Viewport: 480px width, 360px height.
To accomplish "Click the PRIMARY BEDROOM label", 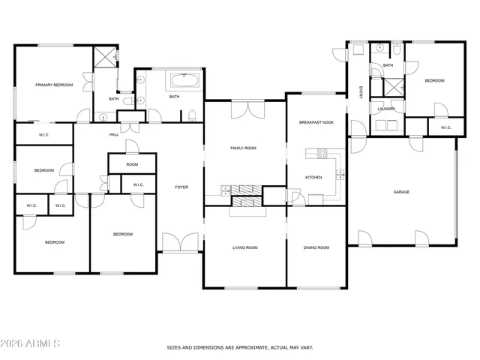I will coord(54,85).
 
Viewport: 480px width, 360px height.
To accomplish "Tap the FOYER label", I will coord(181,187).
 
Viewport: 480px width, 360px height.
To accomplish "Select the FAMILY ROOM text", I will coord(243,148).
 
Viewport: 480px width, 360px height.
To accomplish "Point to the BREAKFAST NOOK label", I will coord(316,121).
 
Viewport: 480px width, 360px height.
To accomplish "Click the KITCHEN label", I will coord(313,178).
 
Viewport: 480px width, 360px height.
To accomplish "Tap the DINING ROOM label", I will coord(316,247).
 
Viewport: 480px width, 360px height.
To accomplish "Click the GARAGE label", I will coord(402,192).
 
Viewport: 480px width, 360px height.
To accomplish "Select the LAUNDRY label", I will coord(386,109).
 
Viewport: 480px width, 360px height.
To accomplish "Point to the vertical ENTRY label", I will coord(361,92).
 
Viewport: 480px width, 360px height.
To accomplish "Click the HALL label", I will coord(114,135).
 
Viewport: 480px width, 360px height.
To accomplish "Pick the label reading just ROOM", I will coord(132,164).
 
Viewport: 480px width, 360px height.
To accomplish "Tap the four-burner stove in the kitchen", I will coord(322,154).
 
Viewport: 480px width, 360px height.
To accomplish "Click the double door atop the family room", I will coord(247,109).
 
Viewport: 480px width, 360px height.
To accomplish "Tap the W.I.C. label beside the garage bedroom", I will coord(445,127).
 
